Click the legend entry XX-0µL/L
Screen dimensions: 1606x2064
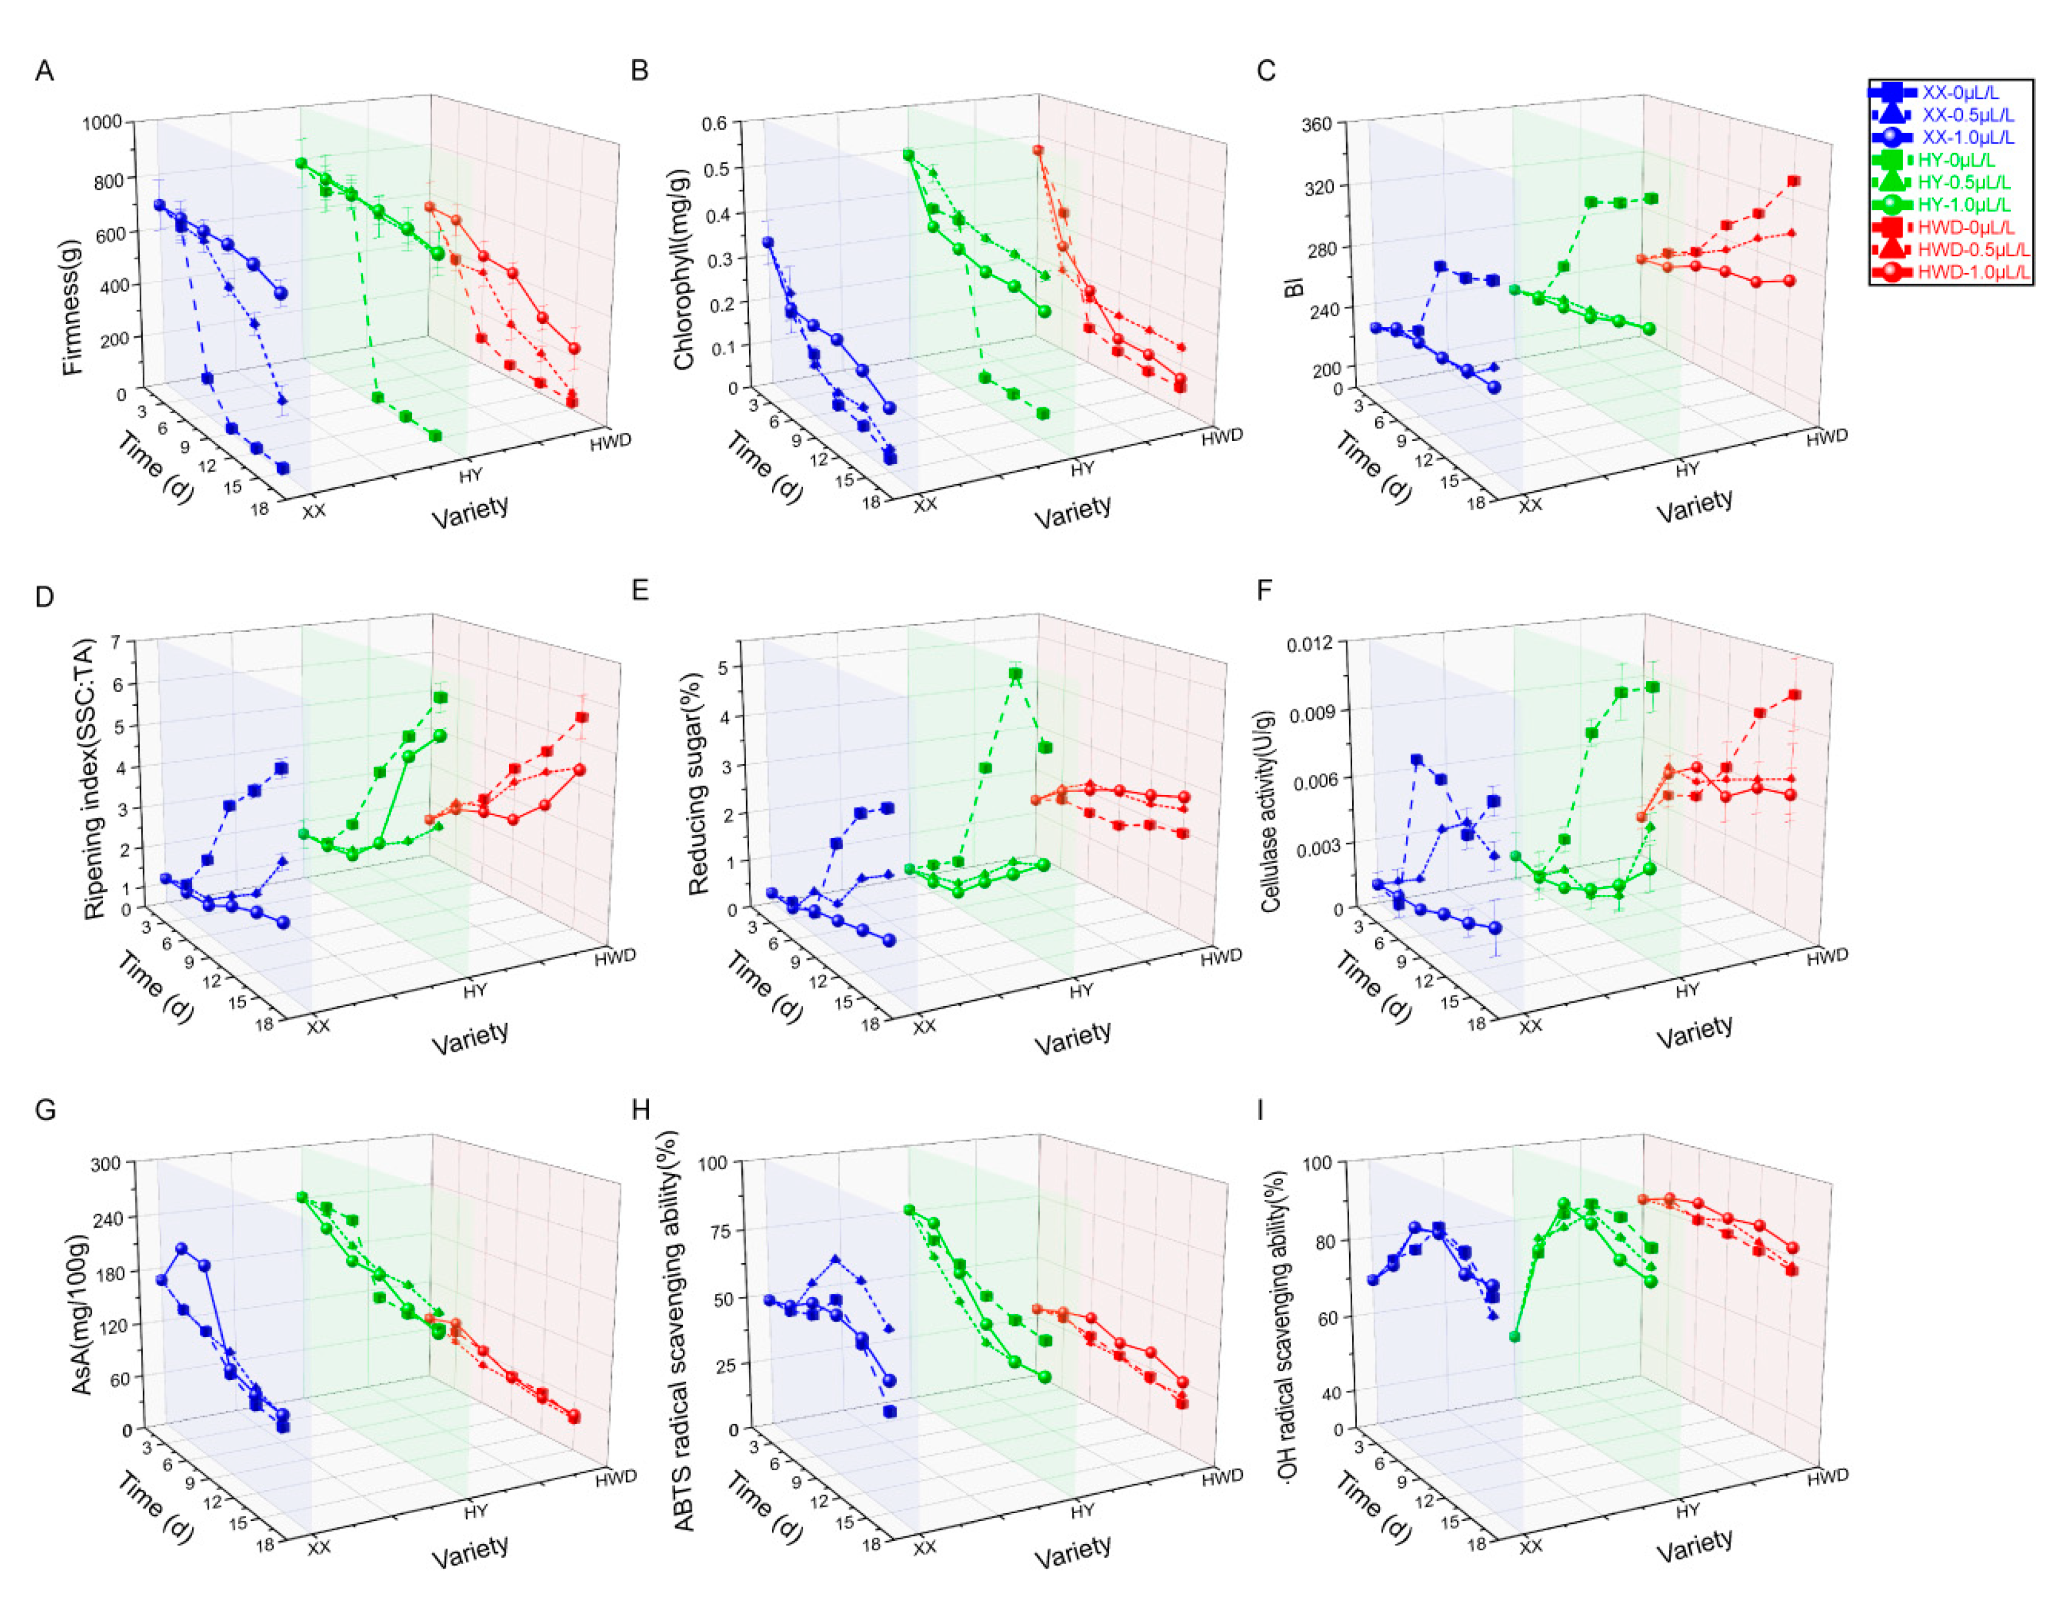[1947, 93]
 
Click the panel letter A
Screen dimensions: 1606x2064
[44, 71]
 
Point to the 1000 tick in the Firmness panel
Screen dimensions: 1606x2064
[102, 123]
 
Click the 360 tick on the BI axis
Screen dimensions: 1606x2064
[1317, 125]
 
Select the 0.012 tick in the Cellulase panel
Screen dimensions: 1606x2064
[1310, 644]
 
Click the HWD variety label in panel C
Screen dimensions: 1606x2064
[1826, 437]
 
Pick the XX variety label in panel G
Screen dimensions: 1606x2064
[319, 1547]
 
